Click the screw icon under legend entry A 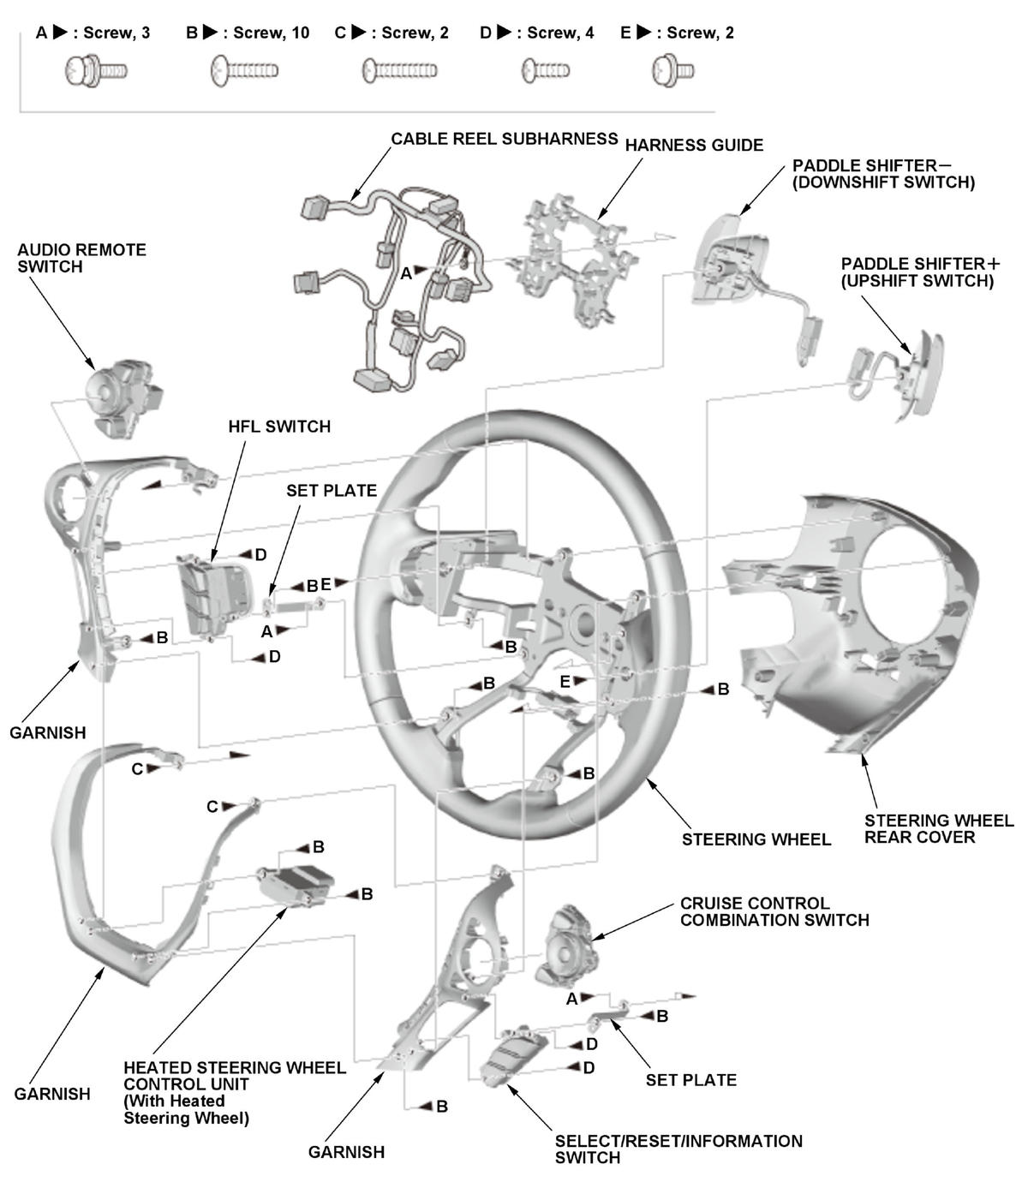95,70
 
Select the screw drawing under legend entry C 399,69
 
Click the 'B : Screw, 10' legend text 248,33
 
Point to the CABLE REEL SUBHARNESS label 504,139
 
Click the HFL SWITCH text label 279,427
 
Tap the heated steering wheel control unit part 296,882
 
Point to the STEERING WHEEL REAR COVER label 938,829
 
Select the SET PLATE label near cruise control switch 690,1080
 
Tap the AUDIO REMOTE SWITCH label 81,258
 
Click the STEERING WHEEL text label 756,839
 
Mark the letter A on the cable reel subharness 407,273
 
